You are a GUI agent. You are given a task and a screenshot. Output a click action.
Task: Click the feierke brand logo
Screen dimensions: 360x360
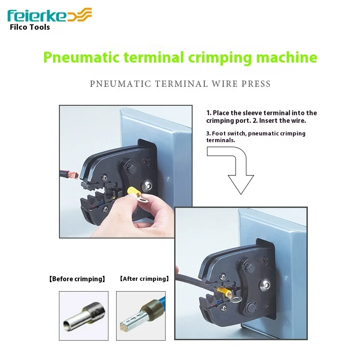point(49,15)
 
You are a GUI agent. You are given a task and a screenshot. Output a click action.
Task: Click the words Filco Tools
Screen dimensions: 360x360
point(30,27)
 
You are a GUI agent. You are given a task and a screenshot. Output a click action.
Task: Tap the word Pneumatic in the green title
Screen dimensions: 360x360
point(81,58)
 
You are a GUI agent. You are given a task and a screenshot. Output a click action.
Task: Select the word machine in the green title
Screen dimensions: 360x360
point(287,57)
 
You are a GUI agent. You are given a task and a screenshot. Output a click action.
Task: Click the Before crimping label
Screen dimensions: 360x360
point(77,279)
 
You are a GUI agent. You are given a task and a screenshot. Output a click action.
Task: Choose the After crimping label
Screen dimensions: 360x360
point(144,279)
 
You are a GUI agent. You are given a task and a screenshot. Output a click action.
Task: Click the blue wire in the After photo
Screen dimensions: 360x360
point(161,302)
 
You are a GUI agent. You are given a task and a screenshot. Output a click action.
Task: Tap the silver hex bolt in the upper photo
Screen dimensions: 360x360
point(146,185)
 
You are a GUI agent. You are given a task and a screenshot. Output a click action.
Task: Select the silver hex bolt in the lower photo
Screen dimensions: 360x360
point(265,285)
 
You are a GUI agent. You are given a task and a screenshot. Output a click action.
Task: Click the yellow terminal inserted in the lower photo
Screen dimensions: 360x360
point(224,292)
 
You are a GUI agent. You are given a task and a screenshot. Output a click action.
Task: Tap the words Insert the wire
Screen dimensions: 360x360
point(283,121)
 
